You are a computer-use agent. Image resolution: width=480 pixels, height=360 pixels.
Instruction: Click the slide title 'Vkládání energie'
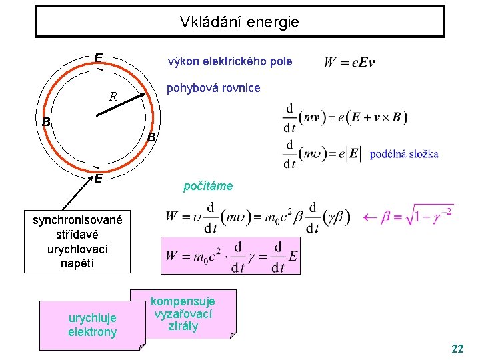coord(239,22)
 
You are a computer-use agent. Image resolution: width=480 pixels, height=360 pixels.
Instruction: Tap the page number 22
coord(457,349)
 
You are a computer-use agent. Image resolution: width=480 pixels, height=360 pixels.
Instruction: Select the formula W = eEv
coord(349,62)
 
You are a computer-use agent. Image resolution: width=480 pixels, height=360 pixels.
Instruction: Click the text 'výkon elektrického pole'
coord(230,61)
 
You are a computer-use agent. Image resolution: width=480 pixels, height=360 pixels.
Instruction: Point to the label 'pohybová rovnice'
coord(213,88)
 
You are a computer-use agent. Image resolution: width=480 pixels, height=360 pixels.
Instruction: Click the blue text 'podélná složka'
coord(403,154)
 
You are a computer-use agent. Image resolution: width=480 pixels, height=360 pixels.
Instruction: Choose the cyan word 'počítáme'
coord(208,186)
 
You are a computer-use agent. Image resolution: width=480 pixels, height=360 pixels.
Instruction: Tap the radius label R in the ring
coord(113,97)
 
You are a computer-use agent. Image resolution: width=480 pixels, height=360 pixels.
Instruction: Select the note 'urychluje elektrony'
coord(92,325)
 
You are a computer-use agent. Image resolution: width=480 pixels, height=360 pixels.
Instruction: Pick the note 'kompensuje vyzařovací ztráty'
coord(183,313)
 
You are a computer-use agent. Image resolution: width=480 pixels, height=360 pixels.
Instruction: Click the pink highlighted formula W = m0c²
coord(231,255)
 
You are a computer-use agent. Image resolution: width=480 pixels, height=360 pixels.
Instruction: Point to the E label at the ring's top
coord(99,57)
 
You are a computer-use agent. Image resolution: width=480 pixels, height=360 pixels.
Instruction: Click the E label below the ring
coord(97,179)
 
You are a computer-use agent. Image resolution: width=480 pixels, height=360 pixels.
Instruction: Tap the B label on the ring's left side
coord(46,122)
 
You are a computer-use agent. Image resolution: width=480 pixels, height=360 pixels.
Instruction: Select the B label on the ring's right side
coord(151,137)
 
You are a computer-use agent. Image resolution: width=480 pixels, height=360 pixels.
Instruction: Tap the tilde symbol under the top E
coord(99,69)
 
